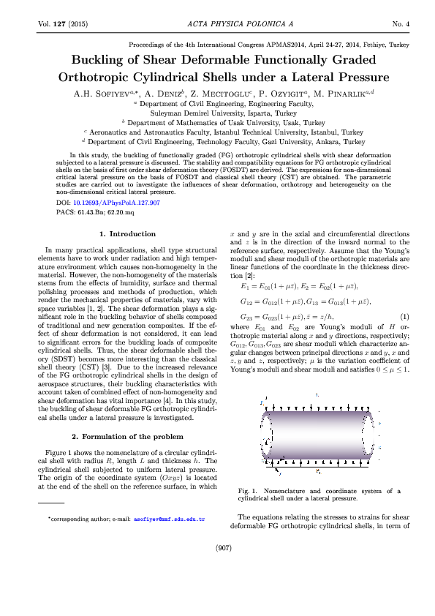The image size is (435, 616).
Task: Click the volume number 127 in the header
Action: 55,24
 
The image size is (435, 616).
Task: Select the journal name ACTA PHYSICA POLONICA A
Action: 217,24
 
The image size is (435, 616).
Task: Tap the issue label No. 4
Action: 401,24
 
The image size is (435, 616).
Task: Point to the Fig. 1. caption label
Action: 250,490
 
